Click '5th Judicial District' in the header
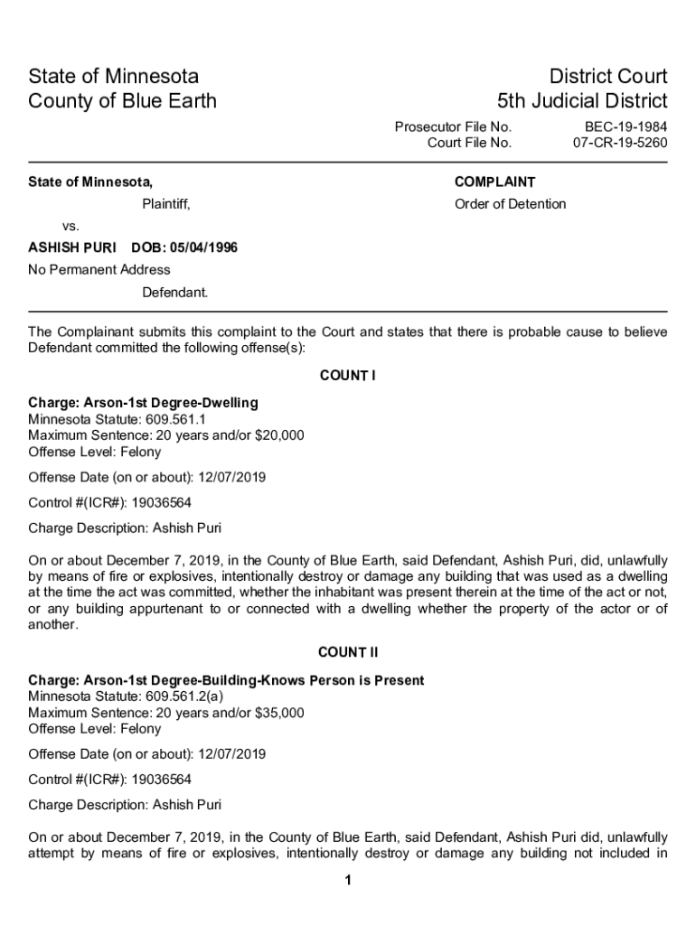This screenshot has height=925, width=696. [582, 100]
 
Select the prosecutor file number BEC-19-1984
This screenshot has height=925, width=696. [625, 127]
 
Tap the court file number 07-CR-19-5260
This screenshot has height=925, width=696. [620, 143]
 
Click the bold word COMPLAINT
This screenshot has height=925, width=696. [494, 182]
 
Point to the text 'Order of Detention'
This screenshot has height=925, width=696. [510, 204]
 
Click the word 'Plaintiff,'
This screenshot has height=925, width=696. [166, 204]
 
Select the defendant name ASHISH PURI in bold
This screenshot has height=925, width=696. [71, 248]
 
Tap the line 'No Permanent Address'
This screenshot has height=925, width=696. [99, 269]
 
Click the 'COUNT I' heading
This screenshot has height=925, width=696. [348, 376]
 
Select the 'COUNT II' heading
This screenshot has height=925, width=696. [348, 652]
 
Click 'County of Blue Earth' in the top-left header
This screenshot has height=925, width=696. [123, 100]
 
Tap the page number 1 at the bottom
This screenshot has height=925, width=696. [348, 882]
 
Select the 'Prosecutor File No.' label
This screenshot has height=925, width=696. [453, 127]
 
